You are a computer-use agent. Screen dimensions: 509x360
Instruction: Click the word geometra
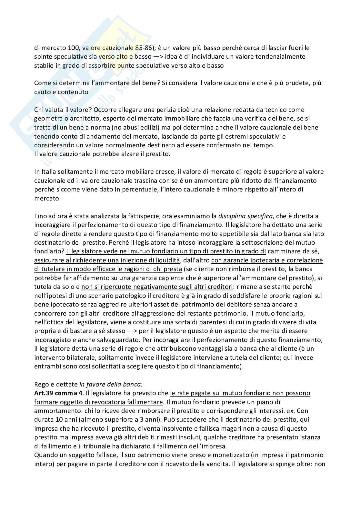click(47, 118)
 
